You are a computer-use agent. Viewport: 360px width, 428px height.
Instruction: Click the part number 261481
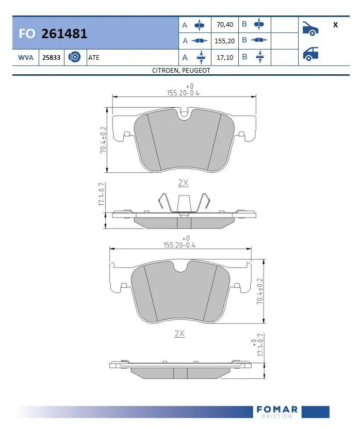[64, 34]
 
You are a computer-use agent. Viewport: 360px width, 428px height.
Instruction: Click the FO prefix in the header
[27, 34]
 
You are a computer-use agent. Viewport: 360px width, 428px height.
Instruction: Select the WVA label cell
[25, 58]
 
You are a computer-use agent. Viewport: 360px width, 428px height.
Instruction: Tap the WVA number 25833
[52, 58]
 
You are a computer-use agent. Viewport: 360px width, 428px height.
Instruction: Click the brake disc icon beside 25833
[73, 58]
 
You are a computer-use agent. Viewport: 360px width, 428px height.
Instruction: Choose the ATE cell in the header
[94, 58]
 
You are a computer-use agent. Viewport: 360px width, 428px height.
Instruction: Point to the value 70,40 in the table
[225, 24]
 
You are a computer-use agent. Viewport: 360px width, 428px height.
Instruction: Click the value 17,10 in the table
[225, 57]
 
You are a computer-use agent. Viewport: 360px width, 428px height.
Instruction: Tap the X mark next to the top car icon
[335, 24]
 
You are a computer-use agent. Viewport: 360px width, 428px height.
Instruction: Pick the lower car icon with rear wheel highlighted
[310, 54]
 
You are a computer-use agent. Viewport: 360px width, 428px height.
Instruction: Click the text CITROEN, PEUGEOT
[181, 70]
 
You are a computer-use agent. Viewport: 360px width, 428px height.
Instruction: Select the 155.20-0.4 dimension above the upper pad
[183, 93]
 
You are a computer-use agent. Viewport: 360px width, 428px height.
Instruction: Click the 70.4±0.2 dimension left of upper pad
[103, 139]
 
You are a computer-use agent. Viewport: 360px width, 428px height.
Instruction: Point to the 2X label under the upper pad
[183, 183]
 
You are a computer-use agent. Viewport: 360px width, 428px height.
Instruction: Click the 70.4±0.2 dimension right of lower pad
[260, 291]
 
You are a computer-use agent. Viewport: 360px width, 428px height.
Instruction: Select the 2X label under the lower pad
[179, 334]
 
